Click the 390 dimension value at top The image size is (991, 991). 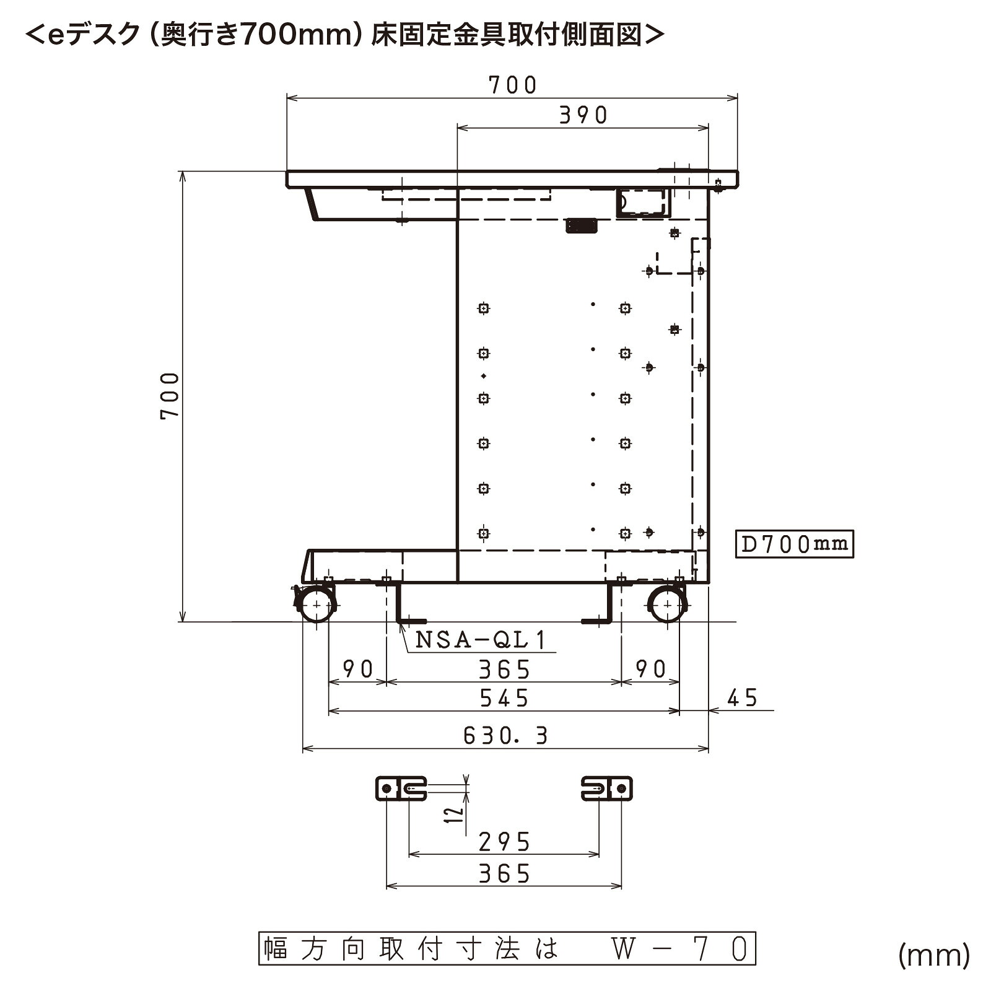pos(583,115)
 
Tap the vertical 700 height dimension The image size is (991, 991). pos(170,396)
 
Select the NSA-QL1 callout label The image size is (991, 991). pos(481,640)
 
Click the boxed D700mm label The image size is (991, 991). pos(794,544)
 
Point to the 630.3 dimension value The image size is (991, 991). pos(505,736)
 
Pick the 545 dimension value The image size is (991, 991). pos(504,699)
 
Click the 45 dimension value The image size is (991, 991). pos(742,698)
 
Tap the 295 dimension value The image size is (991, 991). pos(505,842)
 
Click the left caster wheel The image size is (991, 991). pos(317,605)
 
